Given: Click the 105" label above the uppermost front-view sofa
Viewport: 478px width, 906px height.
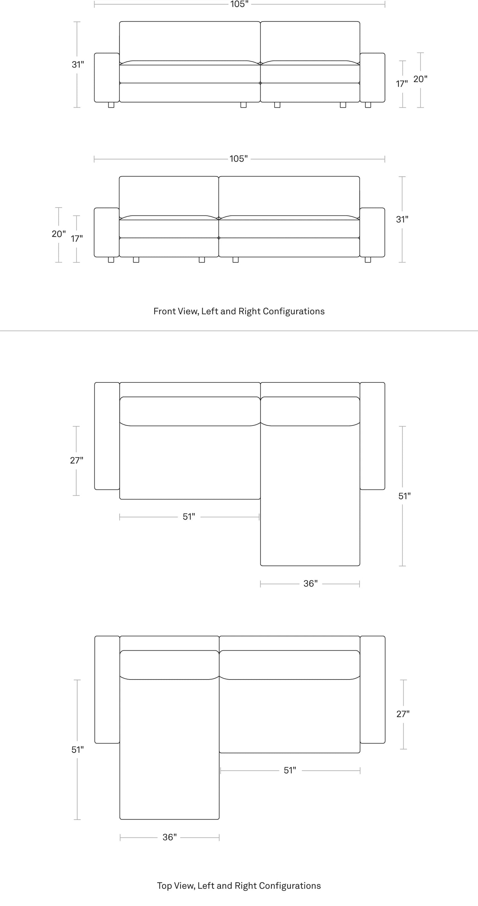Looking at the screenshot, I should click(239, 4).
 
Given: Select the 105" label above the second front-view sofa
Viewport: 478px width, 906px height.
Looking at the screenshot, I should click(239, 159).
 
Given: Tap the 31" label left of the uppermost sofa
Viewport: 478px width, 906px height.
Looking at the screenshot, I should click(78, 65).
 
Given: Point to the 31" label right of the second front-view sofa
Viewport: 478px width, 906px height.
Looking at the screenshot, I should click(402, 220).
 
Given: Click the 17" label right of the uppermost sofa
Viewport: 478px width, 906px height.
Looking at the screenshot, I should click(402, 84).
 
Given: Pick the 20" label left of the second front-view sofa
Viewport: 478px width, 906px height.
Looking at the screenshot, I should click(59, 234).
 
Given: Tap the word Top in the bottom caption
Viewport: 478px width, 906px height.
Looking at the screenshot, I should click(164, 885).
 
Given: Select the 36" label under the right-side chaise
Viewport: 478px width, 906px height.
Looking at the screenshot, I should click(310, 584).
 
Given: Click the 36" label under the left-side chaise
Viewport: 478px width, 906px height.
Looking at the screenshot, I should click(169, 837).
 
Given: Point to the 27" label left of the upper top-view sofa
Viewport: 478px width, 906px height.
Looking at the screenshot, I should click(77, 460).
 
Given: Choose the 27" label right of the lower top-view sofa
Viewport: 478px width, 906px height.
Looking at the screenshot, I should click(403, 714).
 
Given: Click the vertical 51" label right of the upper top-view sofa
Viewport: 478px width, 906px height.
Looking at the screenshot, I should click(405, 496).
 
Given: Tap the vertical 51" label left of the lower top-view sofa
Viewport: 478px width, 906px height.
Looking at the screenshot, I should click(78, 750).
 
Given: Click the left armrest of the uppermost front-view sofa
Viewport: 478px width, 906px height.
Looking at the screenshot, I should click(107, 77).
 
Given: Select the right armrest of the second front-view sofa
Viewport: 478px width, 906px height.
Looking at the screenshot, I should click(372, 232).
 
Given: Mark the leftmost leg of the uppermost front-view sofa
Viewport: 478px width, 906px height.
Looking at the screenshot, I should click(111, 105).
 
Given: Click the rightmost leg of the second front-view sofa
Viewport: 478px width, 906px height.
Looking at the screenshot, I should click(368, 260).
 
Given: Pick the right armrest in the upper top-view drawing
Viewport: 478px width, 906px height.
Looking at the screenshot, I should click(372, 436).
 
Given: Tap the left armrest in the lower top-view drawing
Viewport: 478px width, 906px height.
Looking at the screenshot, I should click(107, 689).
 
